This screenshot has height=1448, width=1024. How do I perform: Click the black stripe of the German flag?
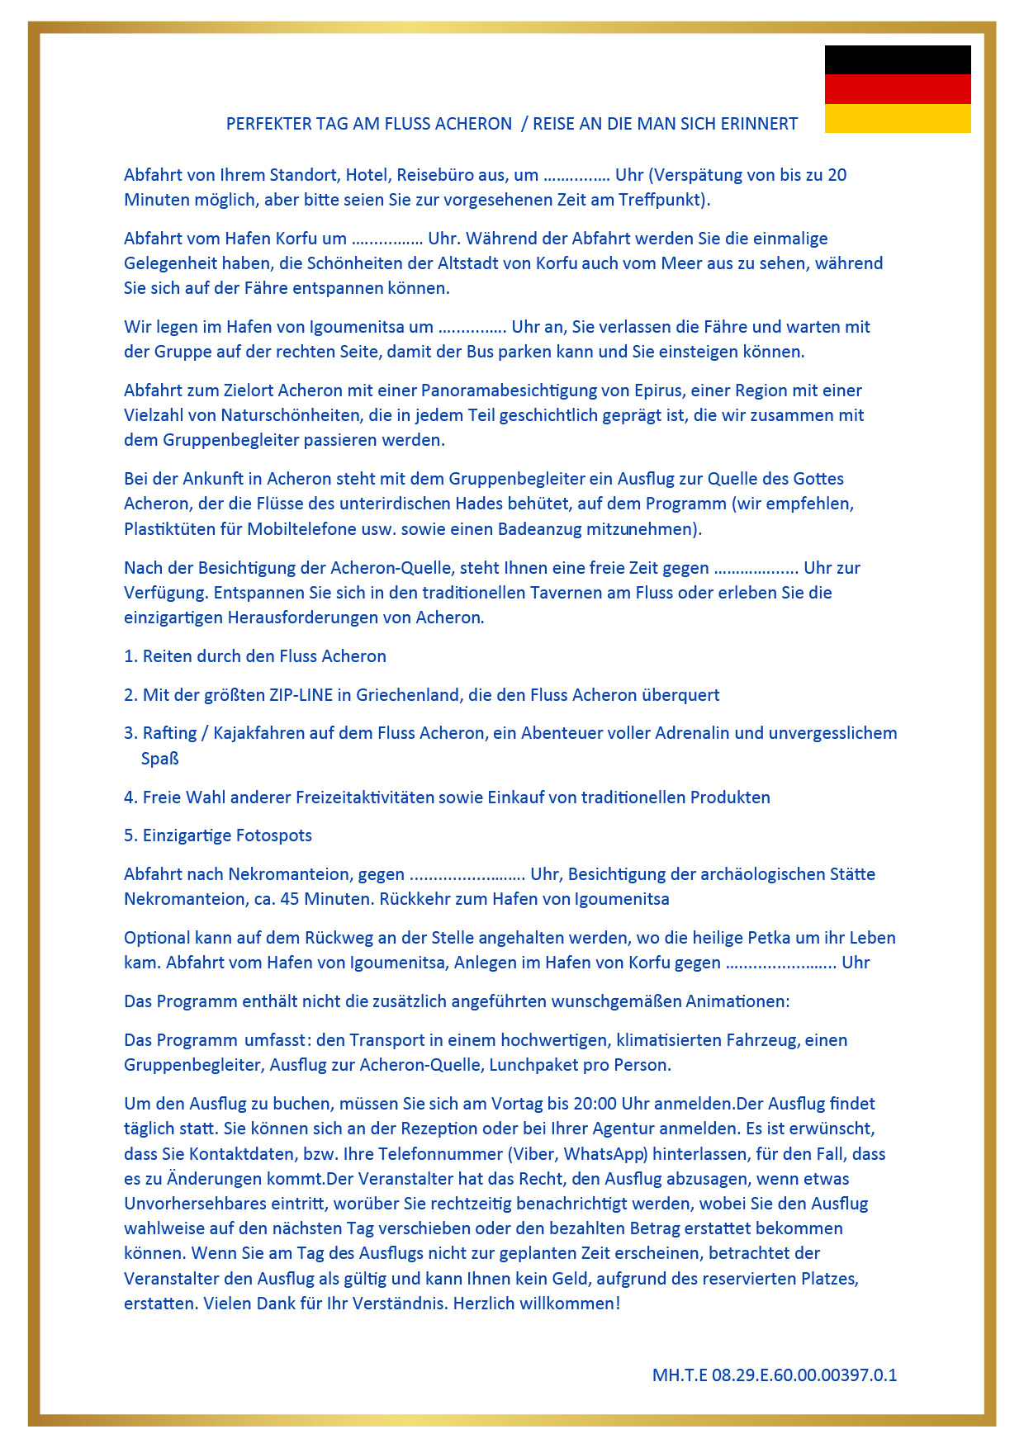[898, 59]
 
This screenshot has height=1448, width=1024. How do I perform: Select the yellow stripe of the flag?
[898, 118]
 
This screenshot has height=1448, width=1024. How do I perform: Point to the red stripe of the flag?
[898, 89]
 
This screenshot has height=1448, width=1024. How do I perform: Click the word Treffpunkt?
[661, 200]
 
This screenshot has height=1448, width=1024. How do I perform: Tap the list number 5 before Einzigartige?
[129, 835]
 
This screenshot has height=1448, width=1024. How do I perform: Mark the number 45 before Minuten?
[289, 899]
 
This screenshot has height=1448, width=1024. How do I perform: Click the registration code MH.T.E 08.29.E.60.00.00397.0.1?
[774, 1375]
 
